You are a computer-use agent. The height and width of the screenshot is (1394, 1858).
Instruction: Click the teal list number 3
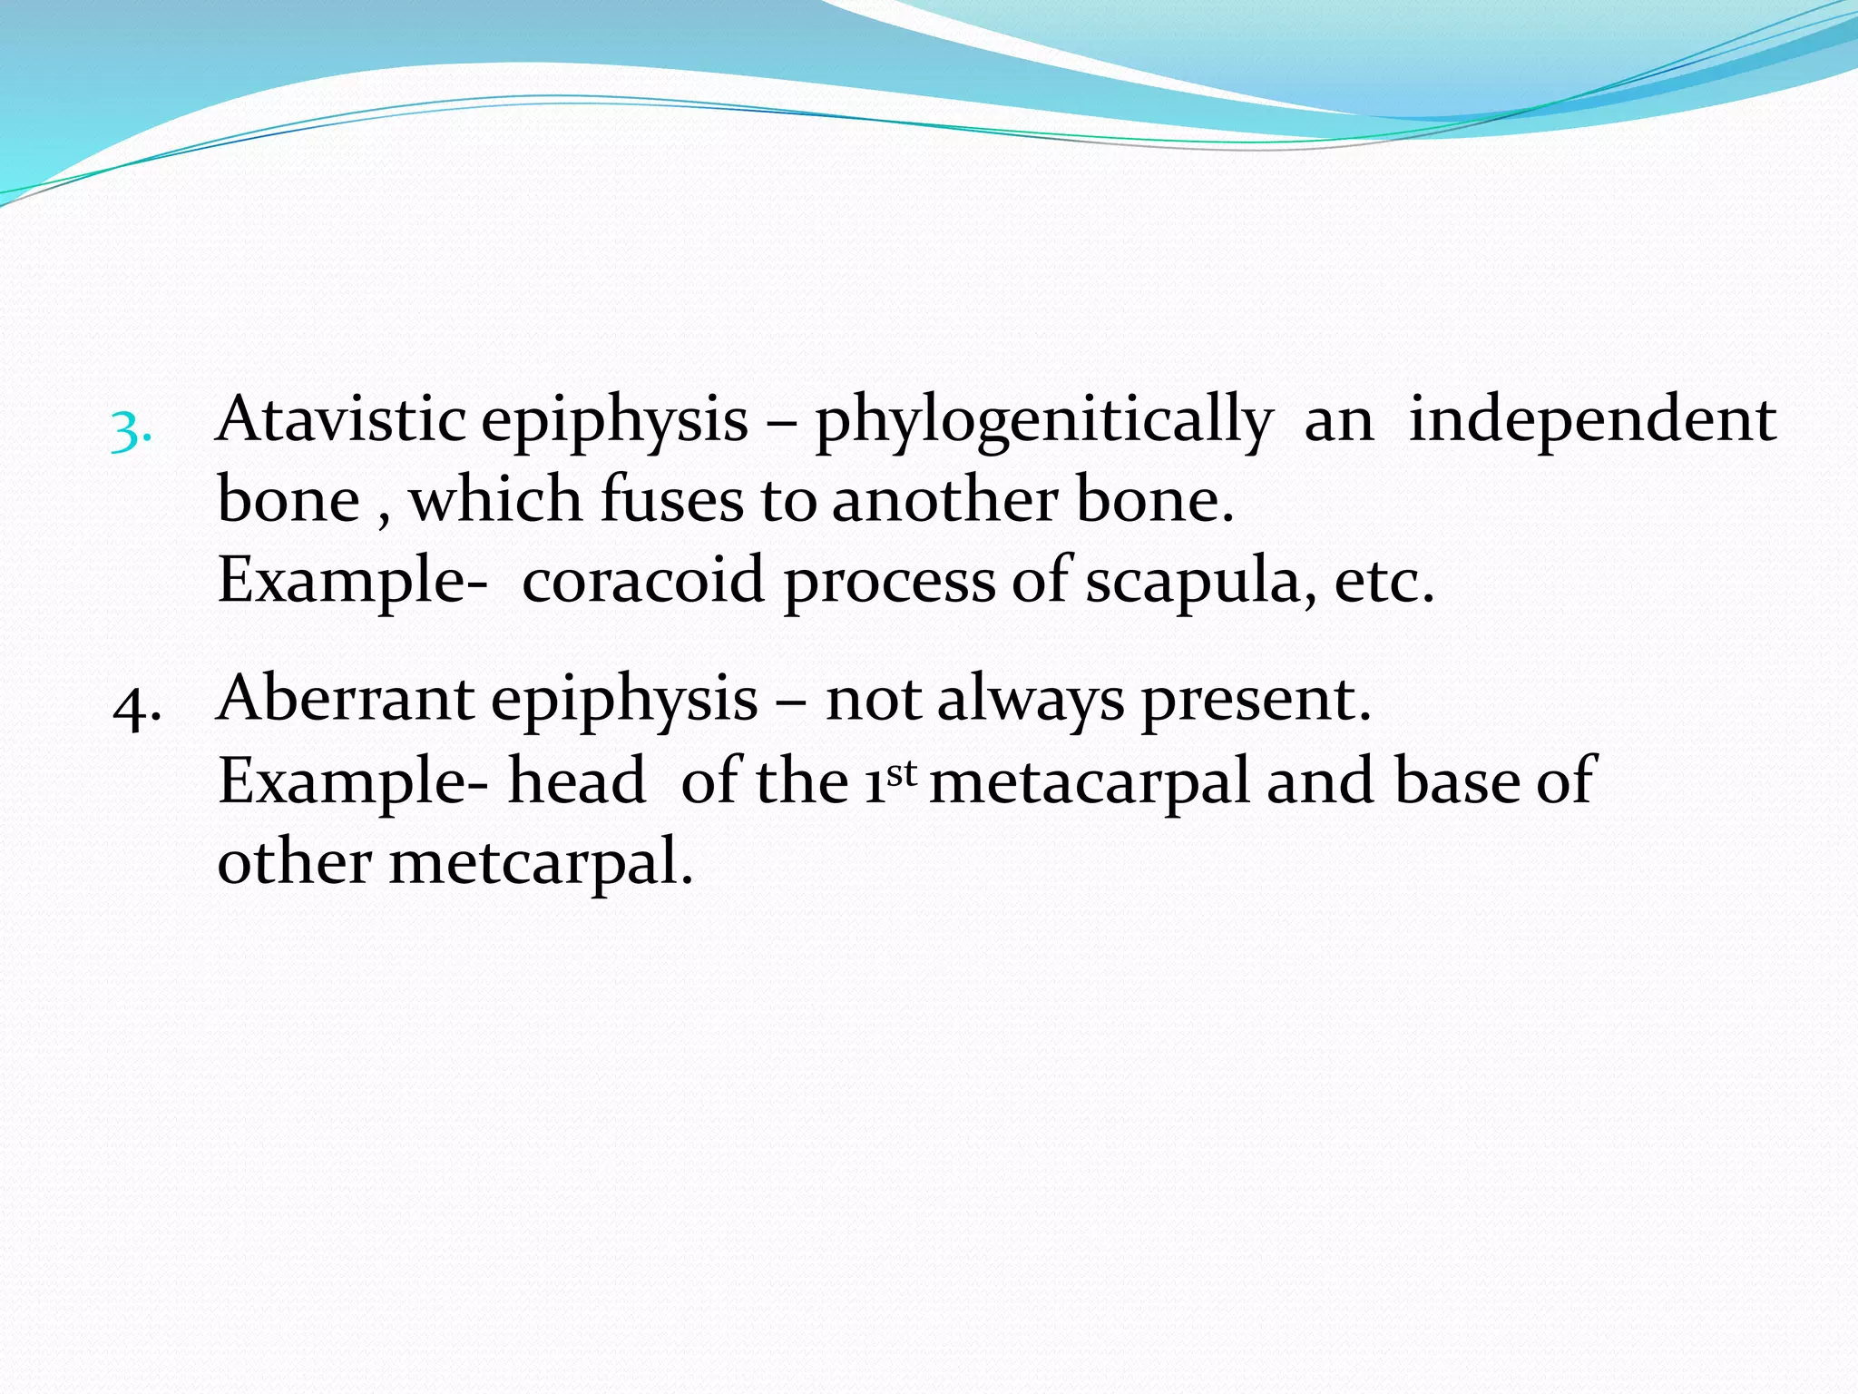tap(130, 432)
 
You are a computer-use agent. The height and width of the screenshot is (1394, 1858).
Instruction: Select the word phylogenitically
tap(1043, 423)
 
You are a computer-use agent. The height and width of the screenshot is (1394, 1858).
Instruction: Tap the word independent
tap(1592, 421)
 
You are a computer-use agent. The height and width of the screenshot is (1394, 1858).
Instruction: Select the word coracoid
tap(642, 581)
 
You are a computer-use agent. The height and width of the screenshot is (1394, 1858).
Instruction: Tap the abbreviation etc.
tap(1384, 581)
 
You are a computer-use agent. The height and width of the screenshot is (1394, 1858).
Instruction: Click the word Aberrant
tap(346, 700)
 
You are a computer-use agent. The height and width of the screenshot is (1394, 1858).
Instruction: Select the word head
tap(576, 781)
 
